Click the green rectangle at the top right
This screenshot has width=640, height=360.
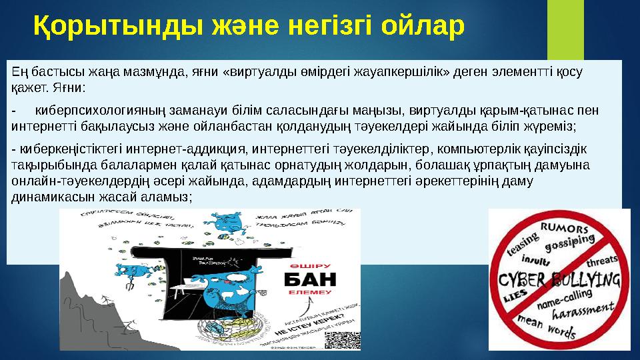[565, 27]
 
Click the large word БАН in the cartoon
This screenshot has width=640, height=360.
[309, 278]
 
